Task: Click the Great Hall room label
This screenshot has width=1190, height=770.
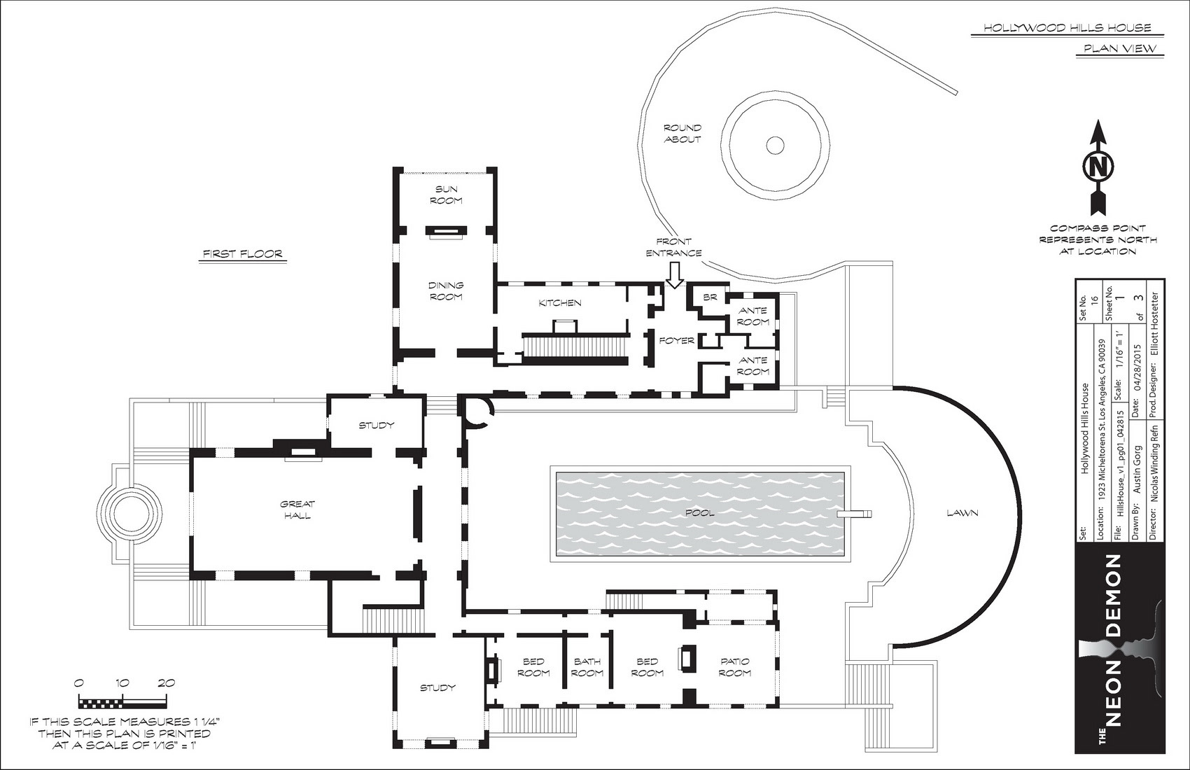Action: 297,510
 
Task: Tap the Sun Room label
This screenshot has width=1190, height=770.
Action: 447,195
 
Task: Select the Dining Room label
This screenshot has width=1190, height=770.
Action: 447,291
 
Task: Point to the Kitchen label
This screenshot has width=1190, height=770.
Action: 560,303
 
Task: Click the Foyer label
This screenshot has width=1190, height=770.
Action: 677,341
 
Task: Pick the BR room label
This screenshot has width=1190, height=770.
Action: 710,297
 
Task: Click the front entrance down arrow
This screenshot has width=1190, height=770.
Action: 675,276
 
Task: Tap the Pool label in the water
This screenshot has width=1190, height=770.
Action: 700,513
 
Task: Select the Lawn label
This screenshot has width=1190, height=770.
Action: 962,513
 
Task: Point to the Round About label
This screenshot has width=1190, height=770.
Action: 682,134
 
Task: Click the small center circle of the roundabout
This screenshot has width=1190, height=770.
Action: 775,144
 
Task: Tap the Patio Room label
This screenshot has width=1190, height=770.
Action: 735,667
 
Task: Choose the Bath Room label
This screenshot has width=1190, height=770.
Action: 587,667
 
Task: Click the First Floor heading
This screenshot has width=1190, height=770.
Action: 244,254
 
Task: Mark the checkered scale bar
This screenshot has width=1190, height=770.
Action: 122,704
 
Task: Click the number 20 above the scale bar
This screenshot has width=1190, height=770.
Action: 167,683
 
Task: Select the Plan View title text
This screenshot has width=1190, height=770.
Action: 1119,49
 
